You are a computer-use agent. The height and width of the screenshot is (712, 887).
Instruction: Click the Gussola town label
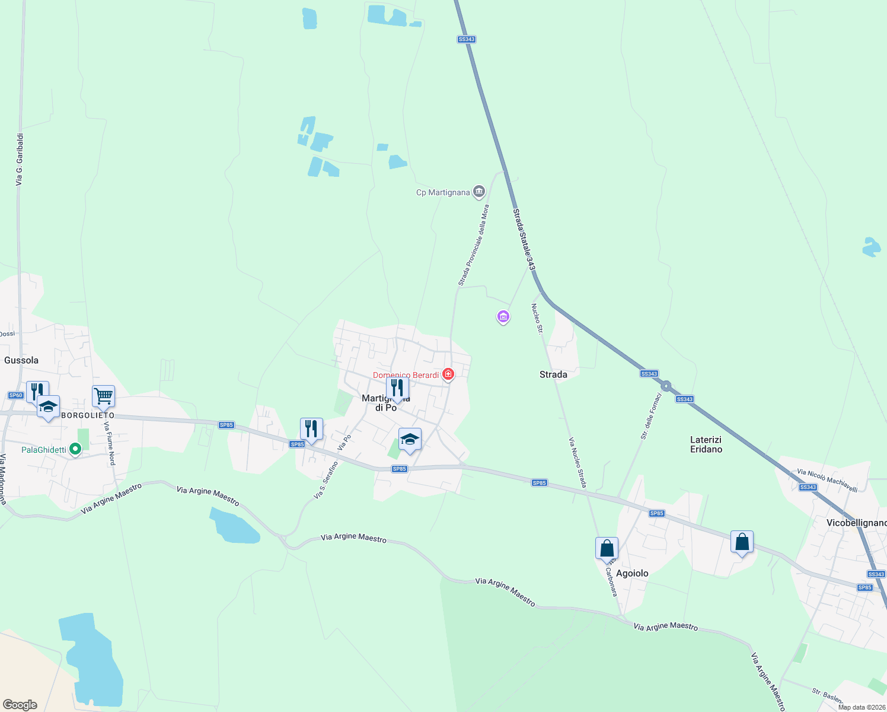(x=21, y=360)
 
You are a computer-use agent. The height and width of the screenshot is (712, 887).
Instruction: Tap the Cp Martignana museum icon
(x=479, y=192)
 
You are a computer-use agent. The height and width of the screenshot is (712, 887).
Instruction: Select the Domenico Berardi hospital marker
(x=448, y=374)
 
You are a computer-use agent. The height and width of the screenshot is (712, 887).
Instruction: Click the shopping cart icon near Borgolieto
(x=103, y=395)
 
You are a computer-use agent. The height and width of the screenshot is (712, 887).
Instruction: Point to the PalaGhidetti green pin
(x=75, y=449)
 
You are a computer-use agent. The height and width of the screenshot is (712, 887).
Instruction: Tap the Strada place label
(x=553, y=374)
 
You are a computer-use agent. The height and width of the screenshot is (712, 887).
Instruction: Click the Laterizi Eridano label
(x=706, y=444)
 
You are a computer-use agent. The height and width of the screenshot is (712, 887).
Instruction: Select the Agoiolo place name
(x=632, y=573)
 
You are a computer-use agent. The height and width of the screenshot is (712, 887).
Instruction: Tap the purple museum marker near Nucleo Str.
(x=503, y=317)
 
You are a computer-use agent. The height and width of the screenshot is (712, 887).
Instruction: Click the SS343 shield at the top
(x=467, y=39)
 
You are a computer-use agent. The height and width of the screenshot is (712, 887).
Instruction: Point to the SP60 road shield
(x=15, y=395)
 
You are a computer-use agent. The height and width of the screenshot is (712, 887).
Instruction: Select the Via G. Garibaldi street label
(x=20, y=159)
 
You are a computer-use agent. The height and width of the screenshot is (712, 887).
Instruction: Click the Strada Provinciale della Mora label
(x=474, y=245)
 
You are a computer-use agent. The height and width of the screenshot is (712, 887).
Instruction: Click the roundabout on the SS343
(x=666, y=386)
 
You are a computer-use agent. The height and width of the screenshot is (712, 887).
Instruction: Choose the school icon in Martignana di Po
(x=410, y=440)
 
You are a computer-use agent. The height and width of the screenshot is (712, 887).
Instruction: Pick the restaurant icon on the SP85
(x=311, y=428)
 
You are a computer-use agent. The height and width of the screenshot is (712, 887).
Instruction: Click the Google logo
(x=20, y=704)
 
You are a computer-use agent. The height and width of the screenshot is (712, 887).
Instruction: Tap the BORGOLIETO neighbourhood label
(x=88, y=415)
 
